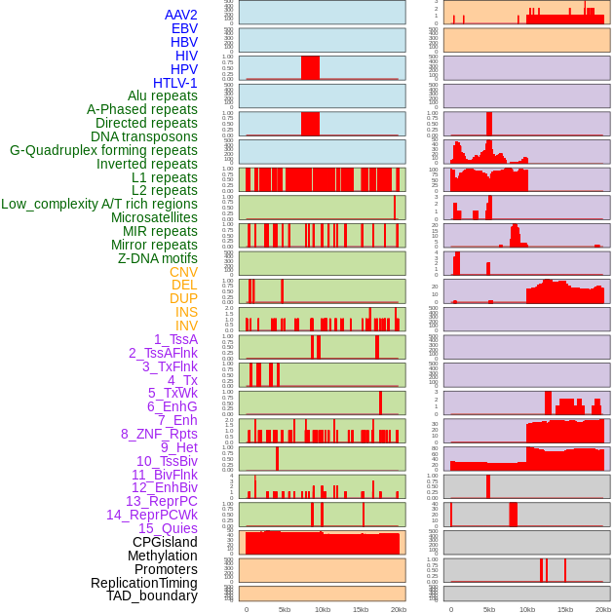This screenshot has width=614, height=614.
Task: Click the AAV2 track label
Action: coord(180,15)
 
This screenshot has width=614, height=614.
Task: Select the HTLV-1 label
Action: coord(174,83)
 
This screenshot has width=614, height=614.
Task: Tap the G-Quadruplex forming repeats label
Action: coord(103,150)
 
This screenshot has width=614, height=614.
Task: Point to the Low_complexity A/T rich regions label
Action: coord(98,204)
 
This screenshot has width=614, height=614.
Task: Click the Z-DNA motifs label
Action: coord(157,258)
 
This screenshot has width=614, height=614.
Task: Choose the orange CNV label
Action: coord(183,272)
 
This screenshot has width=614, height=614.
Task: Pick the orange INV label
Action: coord(186,326)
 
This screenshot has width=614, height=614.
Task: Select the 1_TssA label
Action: coord(175,339)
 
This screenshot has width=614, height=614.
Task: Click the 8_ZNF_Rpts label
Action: coord(159,434)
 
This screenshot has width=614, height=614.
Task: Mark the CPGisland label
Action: coord(165,542)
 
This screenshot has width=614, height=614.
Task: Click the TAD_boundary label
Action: coord(152,595)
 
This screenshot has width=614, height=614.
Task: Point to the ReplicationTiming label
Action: coord(143,583)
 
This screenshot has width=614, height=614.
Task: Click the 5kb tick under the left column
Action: coord(285,609)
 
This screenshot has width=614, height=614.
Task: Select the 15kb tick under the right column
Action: coord(565,609)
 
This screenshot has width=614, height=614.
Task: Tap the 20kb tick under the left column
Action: coord(399,609)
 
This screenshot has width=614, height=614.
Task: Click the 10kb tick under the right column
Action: coord(527,609)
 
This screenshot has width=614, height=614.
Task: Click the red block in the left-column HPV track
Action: coord(310,67)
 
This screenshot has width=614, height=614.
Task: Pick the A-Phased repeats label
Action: coord(141,109)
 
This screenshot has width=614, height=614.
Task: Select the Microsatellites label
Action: coord(154,217)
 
